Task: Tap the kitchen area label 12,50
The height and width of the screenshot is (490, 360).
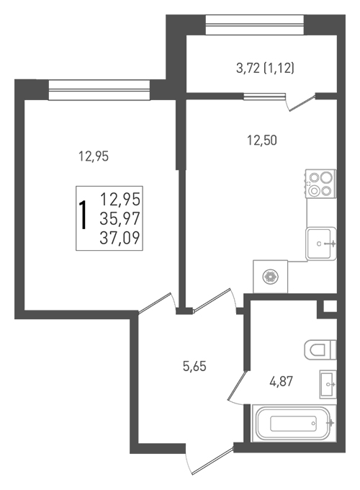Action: (x=262, y=141)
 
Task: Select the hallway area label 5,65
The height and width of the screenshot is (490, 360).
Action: (x=194, y=366)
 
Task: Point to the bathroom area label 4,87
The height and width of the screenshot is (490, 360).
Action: (x=282, y=382)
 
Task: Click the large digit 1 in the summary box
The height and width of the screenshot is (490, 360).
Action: (x=84, y=215)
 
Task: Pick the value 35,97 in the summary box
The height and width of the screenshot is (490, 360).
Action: (x=120, y=218)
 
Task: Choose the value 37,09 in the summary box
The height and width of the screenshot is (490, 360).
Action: (x=120, y=238)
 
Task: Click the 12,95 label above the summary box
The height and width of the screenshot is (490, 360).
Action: (x=94, y=156)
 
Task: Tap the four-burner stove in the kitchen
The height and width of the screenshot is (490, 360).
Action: (x=320, y=184)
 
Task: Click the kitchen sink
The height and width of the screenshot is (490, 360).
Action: (x=321, y=244)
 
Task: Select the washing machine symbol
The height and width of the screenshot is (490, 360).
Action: (x=270, y=277)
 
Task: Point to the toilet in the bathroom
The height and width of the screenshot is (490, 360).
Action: (x=320, y=349)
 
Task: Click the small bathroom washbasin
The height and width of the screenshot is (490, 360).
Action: (x=328, y=384)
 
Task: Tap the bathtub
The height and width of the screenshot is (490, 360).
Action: (x=294, y=424)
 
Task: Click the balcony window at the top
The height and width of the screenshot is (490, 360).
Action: (x=255, y=25)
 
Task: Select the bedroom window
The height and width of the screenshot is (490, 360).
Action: (x=99, y=90)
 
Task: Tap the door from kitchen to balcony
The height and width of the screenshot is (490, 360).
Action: (x=302, y=102)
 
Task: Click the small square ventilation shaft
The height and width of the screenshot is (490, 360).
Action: (x=330, y=306)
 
